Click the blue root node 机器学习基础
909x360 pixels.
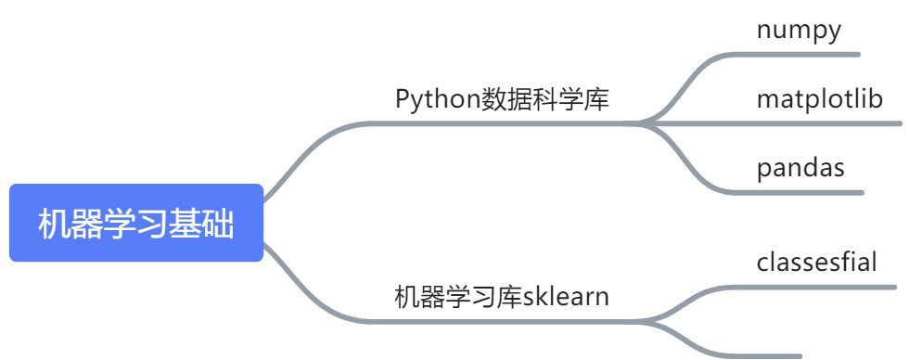136,224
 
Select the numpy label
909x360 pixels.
799,31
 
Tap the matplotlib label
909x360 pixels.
819,98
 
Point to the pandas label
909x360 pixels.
800,168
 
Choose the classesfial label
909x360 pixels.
816,263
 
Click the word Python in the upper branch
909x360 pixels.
437,99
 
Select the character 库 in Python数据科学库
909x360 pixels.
597,99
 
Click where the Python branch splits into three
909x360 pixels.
645,122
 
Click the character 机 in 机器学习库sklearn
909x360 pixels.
404,298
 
